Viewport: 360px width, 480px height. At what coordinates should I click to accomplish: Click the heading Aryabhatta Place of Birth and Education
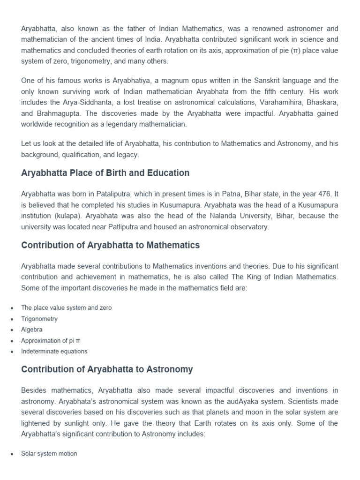click(x=105, y=173)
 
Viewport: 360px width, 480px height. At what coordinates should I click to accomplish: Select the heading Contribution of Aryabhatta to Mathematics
click(x=110, y=245)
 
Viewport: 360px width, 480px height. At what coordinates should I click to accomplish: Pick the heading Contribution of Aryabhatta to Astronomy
click(x=107, y=369)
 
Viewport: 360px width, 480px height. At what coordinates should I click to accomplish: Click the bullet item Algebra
click(x=31, y=330)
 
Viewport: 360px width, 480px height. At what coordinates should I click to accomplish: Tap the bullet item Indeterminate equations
click(x=54, y=351)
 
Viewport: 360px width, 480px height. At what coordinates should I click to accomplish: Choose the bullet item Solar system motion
click(x=49, y=453)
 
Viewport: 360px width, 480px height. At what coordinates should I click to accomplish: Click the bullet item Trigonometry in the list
click(x=39, y=319)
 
